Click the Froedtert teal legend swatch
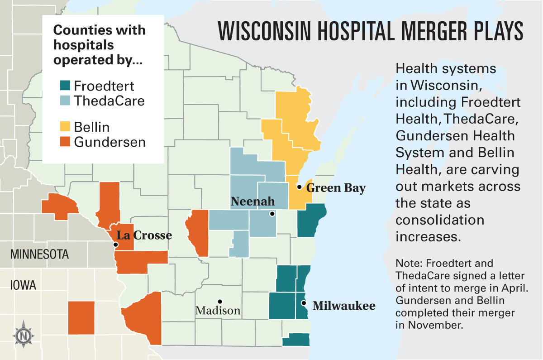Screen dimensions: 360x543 tap(64, 86)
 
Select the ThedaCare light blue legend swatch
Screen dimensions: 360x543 tap(64, 101)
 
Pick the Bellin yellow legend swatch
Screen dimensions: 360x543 tap(64, 127)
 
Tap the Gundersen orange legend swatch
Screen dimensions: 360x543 tap(64, 142)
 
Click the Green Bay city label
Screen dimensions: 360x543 tap(336, 188)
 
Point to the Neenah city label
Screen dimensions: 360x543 tap(252, 202)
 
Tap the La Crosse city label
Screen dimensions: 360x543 tap(144, 235)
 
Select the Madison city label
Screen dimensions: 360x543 tap(218, 311)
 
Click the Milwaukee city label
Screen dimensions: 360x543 tap(344, 306)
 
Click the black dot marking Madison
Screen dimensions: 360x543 tap(219, 301)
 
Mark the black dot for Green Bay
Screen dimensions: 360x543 tap(299, 187)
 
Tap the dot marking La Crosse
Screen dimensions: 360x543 tap(116, 245)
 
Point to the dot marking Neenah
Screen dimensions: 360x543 tap(272, 214)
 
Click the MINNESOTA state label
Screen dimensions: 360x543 tap(40, 254)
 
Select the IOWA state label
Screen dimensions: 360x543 tap(23, 285)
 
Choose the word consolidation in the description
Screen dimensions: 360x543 tap(440, 220)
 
